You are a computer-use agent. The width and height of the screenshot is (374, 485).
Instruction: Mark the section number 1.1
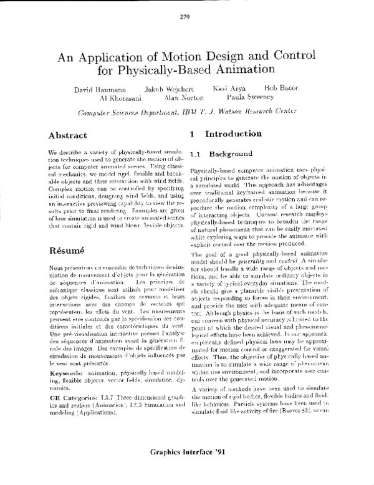pos(196,153)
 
